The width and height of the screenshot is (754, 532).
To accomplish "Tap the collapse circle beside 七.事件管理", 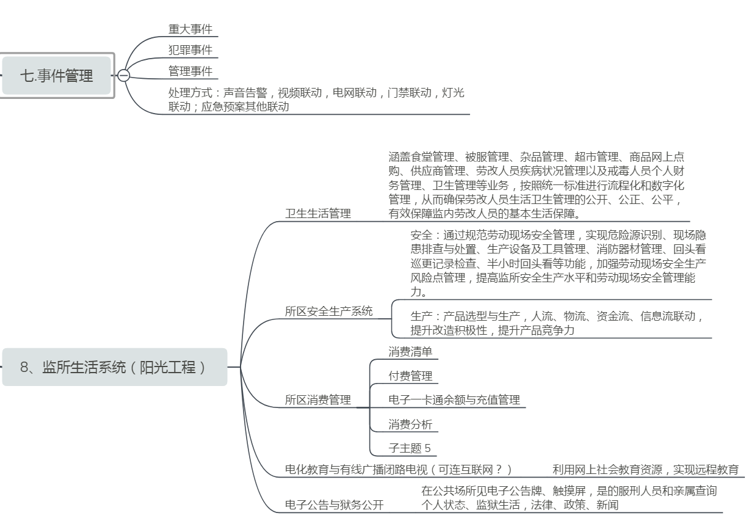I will point(123,76).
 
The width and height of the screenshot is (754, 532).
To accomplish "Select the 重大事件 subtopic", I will point(190,29).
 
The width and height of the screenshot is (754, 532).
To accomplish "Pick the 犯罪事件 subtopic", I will point(190,50).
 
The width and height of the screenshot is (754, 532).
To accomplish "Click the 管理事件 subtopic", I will point(190,71).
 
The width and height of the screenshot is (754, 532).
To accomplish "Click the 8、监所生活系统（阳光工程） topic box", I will point(114,367).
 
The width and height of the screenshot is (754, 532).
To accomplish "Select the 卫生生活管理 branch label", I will point(318,213).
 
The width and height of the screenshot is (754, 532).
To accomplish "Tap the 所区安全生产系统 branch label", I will point(328,311).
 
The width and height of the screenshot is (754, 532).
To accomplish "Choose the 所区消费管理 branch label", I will point(318,400).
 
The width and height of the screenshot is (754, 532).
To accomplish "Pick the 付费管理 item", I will point(410,376).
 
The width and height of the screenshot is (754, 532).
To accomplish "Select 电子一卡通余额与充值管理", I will point(454,400).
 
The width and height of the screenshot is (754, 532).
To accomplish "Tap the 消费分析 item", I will point(410,424).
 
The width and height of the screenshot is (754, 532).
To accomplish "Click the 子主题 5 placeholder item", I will point(410,448).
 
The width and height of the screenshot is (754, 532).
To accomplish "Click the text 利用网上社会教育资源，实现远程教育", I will point(645,469).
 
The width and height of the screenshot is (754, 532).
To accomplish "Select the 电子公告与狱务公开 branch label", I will point(335,505).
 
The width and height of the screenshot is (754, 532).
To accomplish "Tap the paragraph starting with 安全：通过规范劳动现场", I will point(558,263).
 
